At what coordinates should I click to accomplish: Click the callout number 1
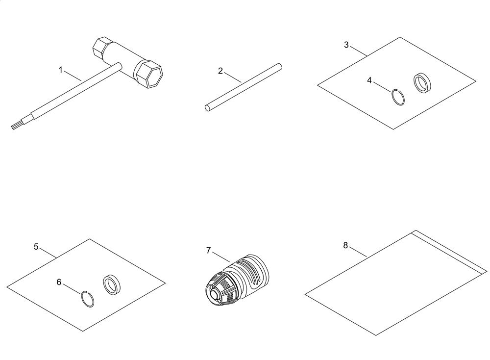[61, 70]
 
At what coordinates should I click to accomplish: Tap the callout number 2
[220, 71]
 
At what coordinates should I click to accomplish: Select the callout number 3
[346, 45]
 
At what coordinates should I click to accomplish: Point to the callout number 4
[369, 80]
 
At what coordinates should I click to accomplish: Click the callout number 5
[36, 247]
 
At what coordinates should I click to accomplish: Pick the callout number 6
[59, 282]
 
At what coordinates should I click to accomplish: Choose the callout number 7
[208, 251]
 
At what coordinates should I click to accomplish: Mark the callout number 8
[345, 245]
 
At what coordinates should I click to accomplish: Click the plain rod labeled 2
[244, 87]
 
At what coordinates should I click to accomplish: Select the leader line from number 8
[358, 252]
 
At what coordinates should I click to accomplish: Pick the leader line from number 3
[359, 51]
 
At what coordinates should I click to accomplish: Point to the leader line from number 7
[221, 257]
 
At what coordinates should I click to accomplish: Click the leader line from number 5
[49, 253]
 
